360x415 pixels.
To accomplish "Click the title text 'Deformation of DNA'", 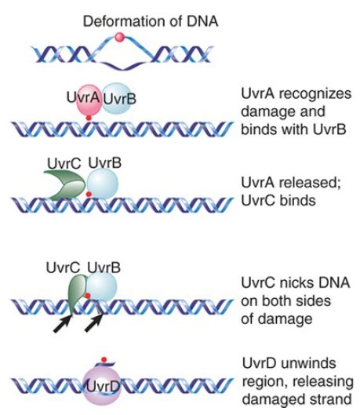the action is [151, 21].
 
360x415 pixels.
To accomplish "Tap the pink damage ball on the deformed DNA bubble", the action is [119, 37].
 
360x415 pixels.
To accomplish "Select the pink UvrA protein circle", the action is [89, 100].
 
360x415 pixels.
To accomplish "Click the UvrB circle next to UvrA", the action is [116, 99].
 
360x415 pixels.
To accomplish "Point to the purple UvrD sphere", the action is [103, 388].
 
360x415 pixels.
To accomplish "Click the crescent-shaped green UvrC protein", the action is [66, 185].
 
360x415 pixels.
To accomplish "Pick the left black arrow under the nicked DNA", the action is [63, 323].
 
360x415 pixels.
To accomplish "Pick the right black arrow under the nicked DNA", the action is [93, 323].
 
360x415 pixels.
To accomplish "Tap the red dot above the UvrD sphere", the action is [104, 359].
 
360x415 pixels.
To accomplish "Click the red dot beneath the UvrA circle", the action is [89, 118].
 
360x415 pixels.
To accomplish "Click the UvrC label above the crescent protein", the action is [64, 163].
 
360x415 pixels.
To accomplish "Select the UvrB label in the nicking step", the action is [104, 268].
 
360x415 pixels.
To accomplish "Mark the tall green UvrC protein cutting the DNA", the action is [77, 293].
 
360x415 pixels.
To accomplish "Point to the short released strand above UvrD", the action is [105, 365].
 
